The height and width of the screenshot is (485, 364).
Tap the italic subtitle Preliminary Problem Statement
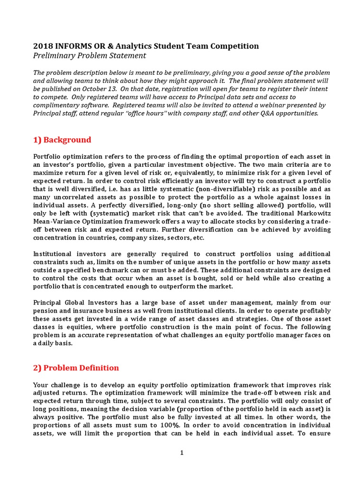coord(90,56)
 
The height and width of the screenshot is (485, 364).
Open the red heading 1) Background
coord(62,140)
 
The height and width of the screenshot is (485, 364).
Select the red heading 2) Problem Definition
coord(76,368)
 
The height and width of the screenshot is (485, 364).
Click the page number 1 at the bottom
coord(182,453)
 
